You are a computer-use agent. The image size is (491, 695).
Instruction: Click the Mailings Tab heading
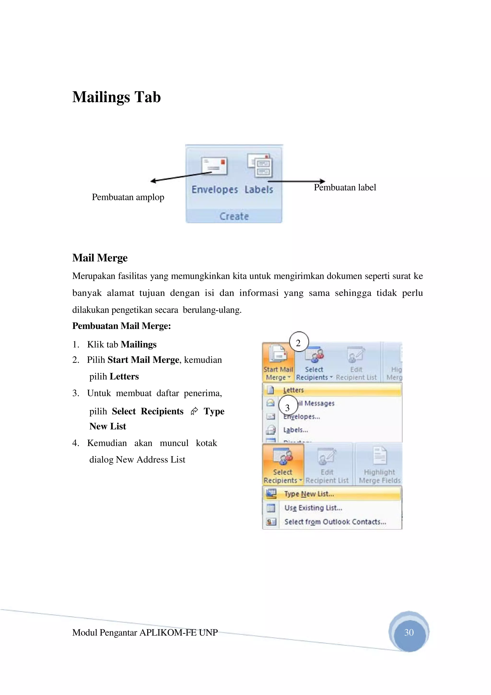(x=117, y=97)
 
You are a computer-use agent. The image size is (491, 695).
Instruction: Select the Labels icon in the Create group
(x=260, y=166)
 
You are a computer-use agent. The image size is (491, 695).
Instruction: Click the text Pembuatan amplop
(x=128, y=197)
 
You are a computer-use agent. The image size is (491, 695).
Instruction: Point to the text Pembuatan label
(x=345, y=187)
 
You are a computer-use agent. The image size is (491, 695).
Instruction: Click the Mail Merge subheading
(x=100, y=258)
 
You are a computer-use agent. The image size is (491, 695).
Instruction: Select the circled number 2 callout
(x=298, y=343)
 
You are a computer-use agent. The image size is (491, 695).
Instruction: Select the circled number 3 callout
(x=287, y=407)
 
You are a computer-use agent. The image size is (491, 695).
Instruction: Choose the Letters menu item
(x=293, y=390)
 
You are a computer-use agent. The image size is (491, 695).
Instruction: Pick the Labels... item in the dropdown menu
(x=295, y=430)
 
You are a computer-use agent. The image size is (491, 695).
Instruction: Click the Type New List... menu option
(x=309, y=494)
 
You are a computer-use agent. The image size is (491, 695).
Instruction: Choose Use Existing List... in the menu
(x=313, y=508)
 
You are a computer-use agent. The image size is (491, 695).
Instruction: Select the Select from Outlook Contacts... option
(x=335, y=522)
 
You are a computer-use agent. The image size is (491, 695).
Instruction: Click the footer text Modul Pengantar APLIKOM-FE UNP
(x=145, y=632)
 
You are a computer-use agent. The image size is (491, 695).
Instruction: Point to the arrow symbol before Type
(x=194, y=411)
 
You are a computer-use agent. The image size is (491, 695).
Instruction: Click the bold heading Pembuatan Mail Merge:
(x=122, y=326)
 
